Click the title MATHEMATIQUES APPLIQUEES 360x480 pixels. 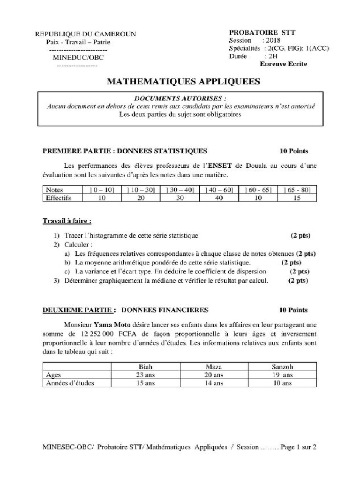(183, 82)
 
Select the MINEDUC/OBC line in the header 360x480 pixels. (79, 58)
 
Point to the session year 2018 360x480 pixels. (270, 40)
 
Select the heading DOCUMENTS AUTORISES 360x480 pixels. (180, 98)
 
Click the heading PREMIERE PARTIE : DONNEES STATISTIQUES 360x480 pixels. (125, 151)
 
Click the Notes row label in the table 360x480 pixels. (54, 190)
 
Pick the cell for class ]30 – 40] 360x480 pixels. (179, 190)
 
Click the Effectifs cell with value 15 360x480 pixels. (296, 198)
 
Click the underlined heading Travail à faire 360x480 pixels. (67, 220)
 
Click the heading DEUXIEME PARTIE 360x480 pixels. (78, 310)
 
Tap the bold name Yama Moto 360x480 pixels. (112, 324)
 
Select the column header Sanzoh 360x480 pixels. (282, 367)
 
